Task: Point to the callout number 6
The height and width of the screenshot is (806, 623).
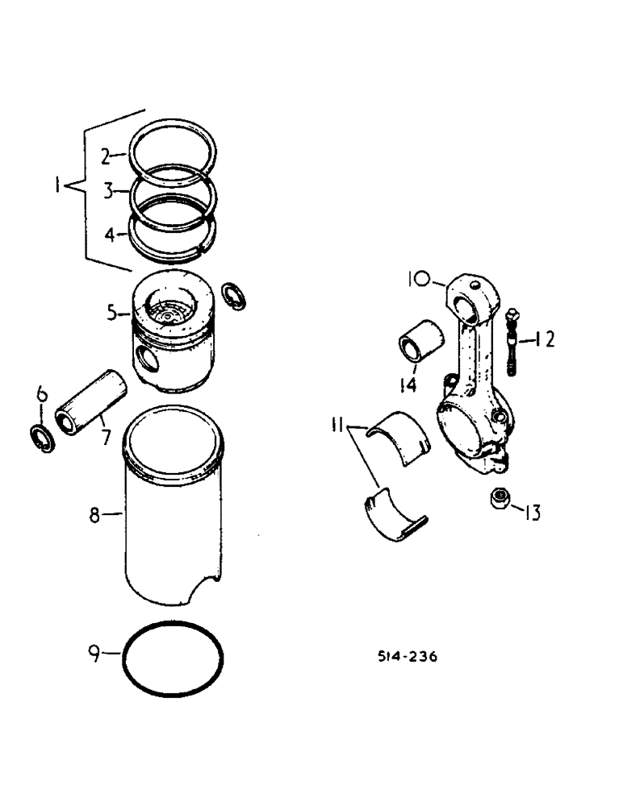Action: [x=43, y=395]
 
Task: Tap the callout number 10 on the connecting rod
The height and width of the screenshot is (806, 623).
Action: [x=420, y=280]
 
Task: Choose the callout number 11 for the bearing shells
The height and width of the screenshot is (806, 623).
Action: [x=338, y=423]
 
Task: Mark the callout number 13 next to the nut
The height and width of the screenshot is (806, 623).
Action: [x=533, y=512]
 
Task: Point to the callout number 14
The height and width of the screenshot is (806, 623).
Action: [x=408, y=385]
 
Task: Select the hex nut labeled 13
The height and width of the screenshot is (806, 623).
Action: [x=499, y=501]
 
